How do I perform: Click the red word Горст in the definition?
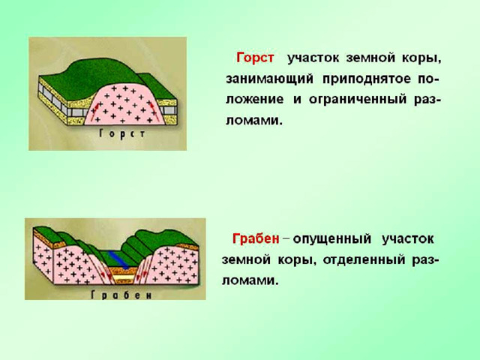point(255,58)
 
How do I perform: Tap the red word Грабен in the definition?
point(256,238)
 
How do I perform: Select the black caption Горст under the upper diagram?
point(122,134)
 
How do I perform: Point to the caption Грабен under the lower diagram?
point(121,295)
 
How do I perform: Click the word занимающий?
point(270,79)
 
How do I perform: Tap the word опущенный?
point(331,238)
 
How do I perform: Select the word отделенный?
point(364,259)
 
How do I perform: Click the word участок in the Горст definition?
point(313,58)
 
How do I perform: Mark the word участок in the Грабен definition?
point(407,238)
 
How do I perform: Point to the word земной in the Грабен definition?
point(246,260)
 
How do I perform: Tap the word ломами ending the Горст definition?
point(253,121)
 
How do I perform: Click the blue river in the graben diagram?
point(118,259)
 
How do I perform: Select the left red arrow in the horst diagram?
point(97,110)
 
